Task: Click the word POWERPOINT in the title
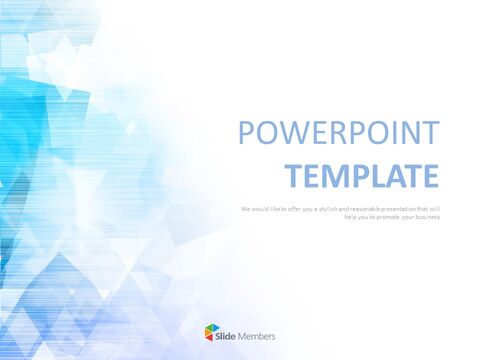pos(337,133)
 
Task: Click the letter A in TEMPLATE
pos(393,175)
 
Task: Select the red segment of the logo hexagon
pos(208,338)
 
